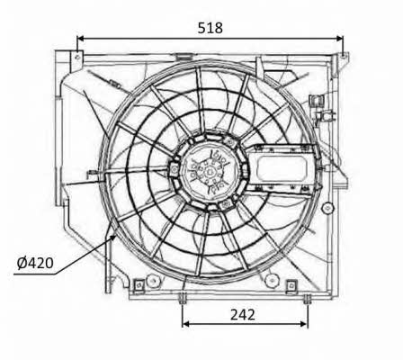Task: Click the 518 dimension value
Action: point(210,28)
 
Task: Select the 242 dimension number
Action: point(243,315)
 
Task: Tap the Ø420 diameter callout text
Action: point(35,263)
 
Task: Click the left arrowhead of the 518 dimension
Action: point(80,39)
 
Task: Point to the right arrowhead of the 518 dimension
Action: point(339,39)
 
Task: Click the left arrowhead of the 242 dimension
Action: point(186,324)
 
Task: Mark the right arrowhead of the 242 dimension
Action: point(304,324)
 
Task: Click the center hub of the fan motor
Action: point(209,172)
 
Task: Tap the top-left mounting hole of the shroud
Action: point(77,57)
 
